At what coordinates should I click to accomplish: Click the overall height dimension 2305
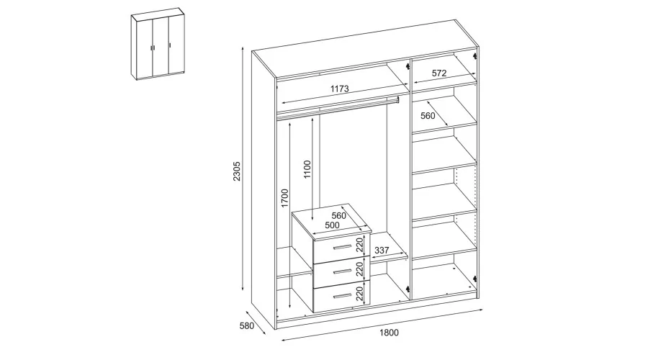(x=236, y=171)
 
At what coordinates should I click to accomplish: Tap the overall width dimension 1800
(x=389, y=333)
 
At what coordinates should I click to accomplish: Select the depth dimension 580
(x=247, y=325)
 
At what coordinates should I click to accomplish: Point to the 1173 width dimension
(x=339, y=89)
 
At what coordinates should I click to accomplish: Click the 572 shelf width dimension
(x=439, y=73)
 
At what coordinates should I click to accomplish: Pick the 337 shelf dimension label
(x=382, y=251)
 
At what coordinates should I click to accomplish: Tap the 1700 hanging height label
(x=284, y=199)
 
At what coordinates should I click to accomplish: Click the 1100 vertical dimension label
(x=307, y=169)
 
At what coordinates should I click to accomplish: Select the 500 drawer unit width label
(x=332, y=225)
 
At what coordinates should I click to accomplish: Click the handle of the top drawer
(x=342, y=247)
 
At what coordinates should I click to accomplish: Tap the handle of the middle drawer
(x=342, y=271)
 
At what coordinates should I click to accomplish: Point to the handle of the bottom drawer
(x=342, y=296)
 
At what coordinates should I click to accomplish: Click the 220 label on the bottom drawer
(x=359, y=294)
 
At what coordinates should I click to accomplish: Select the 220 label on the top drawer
(x=359, y=245)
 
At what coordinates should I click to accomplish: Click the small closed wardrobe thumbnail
(x=158, y=43)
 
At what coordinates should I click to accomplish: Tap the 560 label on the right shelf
(x=428, y=116)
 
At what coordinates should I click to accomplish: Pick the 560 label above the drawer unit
(x=339, y=216)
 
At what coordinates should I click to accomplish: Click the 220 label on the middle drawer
(x=359, y=269)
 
